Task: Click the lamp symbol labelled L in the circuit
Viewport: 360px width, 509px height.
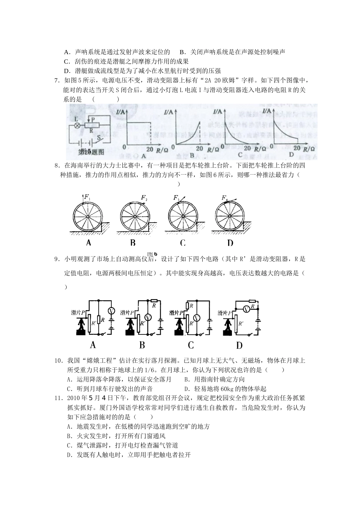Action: (77, 125)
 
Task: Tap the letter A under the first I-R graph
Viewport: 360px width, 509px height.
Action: (144, 156)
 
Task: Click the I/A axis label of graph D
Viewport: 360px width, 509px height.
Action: (267, 111)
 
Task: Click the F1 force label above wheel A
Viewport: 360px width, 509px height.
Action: (87, 197)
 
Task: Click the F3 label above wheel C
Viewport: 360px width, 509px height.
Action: (176, 198)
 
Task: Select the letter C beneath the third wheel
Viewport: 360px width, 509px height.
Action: (183, 243)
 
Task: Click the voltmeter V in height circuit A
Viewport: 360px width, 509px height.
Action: (111, 311)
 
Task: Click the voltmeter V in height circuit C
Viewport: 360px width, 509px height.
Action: (197, 317)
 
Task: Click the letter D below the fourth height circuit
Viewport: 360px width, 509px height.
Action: (239, 345)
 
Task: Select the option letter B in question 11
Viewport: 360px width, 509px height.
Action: (69, 436)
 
